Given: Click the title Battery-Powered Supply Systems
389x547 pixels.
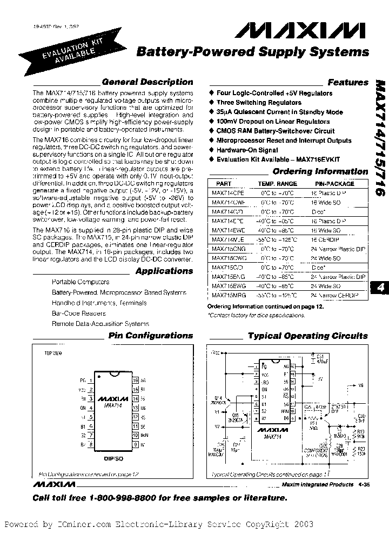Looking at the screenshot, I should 253,52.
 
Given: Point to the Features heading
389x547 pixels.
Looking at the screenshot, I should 348,83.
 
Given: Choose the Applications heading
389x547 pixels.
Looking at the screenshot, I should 164,271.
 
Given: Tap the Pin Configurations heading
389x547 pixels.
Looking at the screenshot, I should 151,336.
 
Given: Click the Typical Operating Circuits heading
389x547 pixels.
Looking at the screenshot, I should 307,336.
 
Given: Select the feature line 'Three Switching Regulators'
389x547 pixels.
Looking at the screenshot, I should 259,103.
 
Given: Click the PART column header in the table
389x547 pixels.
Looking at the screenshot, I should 224,184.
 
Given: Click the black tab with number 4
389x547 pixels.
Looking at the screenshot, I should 380,288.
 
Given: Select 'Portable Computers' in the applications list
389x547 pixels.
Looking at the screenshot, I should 81,282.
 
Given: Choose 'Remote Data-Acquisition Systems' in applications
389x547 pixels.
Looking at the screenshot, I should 100,324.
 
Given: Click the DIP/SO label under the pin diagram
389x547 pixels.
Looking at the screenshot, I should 114,457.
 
